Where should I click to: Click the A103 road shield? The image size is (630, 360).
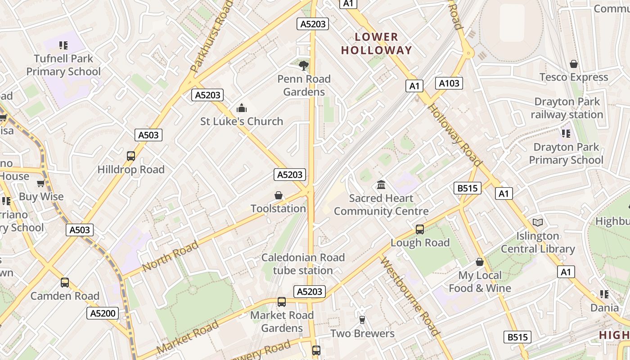(x=449, y=83)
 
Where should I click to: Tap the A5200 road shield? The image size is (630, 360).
(x=103, y=314)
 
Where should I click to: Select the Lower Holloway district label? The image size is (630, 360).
(x=377, y=44)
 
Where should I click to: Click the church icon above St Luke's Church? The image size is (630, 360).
(x=242, y=108)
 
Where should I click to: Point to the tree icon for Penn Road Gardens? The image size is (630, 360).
(x=304, y=66)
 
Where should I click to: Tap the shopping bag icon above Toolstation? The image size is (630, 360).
(x=279, y=196)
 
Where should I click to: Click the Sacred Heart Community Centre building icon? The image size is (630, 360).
(x=381, y=185)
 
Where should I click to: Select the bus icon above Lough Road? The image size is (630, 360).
(x=420, y=229)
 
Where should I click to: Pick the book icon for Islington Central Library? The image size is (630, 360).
(x=537, y=222)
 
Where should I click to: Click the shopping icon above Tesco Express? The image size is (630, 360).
(x=574, y=64)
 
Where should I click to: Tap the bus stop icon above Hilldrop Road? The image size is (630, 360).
(x=131, y=156)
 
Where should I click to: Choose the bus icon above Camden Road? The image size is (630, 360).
(x=65, y=283)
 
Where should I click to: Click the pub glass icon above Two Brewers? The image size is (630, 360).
(x=362, y=320)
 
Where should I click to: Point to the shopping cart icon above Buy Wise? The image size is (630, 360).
(x=41, y=184)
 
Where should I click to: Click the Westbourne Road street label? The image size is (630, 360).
(x=409, y=297)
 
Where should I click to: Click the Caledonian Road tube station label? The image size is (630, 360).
(x=303, y=264)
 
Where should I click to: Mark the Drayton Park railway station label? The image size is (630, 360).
(x=567, y=108)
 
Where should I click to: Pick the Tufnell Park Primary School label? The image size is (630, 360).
(x=63, y=65)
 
